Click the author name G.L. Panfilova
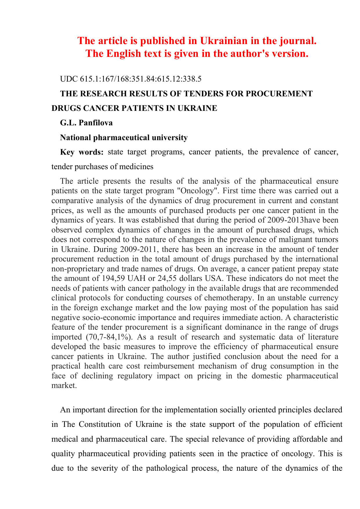[86, 123]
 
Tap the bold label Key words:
[82, 152]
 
